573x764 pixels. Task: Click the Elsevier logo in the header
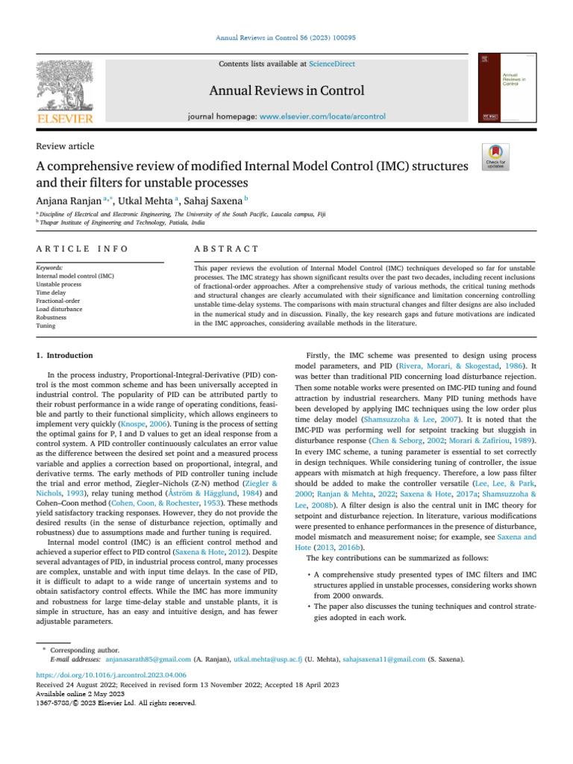66,93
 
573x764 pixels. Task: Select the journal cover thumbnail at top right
504,87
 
